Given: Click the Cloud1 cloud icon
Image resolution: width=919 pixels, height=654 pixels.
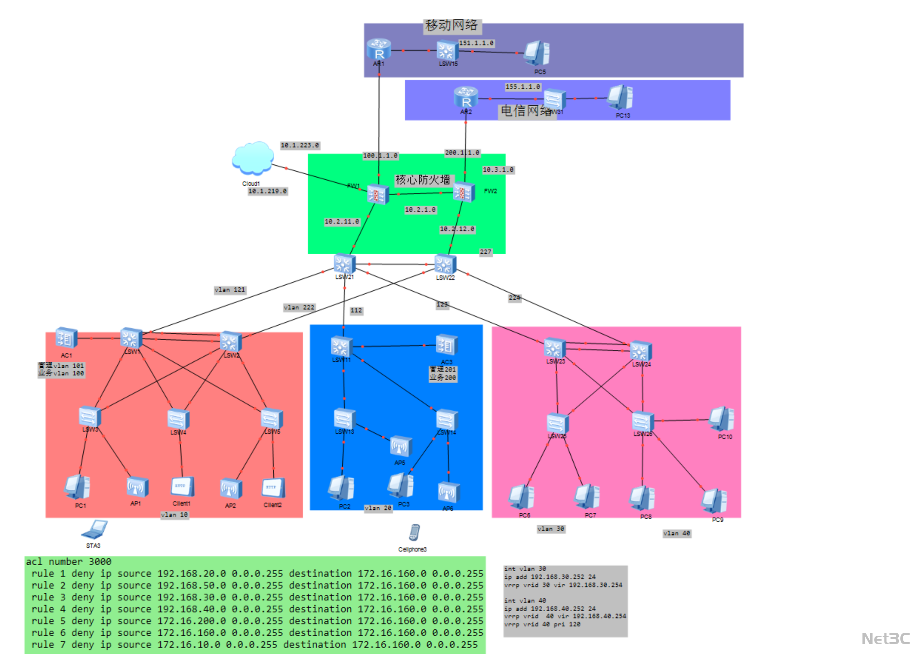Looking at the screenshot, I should pos(253,159).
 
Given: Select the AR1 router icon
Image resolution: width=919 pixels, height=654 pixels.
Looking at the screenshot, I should pos(379,50).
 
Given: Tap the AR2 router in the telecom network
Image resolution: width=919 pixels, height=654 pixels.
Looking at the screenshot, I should pos(466,97).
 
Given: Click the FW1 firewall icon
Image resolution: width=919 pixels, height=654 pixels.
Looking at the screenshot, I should pos(378,194).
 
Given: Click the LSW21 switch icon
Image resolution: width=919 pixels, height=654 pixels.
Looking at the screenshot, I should pos(344,264).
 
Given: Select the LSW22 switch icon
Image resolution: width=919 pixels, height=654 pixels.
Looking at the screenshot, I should pos(445,265).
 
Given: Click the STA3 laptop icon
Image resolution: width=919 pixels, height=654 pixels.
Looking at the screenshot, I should pos(94,530).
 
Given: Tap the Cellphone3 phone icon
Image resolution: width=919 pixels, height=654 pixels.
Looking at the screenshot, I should pos(414,533).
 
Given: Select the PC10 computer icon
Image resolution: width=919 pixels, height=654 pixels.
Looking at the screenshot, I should pos(722,419).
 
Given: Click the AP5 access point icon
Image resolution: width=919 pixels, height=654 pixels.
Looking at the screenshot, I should pos(400,447).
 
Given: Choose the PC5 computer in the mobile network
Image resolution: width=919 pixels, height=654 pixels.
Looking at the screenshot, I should pos(537,53).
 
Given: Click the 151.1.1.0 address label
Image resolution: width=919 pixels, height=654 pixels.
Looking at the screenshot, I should pos(476,43).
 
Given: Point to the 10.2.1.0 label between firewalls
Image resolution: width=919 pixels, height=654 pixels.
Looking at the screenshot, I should pos(420,210).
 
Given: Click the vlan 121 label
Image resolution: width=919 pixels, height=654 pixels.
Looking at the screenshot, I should pos(230,290).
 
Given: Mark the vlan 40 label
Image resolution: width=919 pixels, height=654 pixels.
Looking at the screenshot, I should pos(677,534).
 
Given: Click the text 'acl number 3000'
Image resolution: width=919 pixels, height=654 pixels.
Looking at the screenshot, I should pos(69,562).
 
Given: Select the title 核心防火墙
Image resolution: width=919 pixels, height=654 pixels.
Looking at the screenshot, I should pos(423,180).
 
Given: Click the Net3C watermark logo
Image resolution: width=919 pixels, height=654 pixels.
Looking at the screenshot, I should pos(885,639).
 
